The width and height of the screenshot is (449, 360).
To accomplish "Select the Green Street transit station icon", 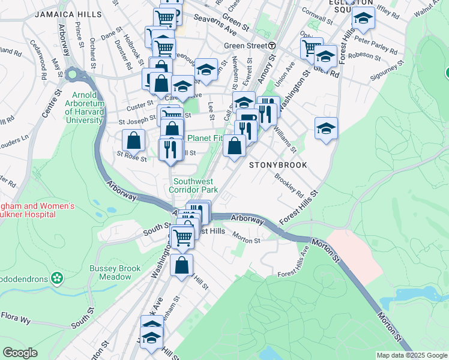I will pos(272,46).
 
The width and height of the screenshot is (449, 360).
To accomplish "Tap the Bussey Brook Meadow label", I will pos(110,272).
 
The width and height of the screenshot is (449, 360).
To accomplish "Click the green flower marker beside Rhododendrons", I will pos(57,278).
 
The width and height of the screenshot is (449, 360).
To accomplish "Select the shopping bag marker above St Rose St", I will pos(133,140).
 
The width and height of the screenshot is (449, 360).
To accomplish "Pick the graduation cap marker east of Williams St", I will pos(326,128).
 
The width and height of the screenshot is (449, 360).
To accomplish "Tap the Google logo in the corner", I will pos(20,353).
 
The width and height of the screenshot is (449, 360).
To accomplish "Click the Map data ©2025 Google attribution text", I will pos(412,355).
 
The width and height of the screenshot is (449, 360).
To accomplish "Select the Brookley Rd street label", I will pos(289,185).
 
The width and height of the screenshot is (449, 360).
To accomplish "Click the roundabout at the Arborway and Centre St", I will pos(73,75).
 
